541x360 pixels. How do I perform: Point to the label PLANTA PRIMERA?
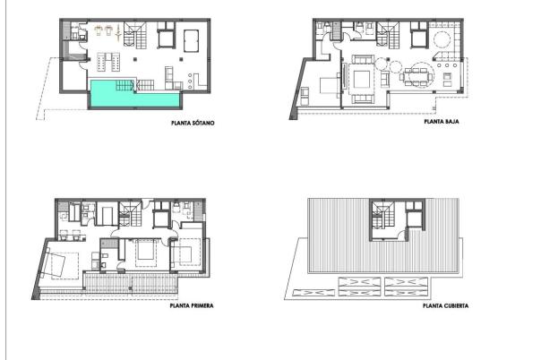[191, 304]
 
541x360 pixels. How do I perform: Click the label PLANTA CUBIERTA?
[445, 304]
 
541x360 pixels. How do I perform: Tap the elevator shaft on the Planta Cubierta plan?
[413, 218]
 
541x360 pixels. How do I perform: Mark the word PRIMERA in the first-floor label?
[201, 304]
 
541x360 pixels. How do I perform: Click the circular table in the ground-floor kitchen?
[443, 39]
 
